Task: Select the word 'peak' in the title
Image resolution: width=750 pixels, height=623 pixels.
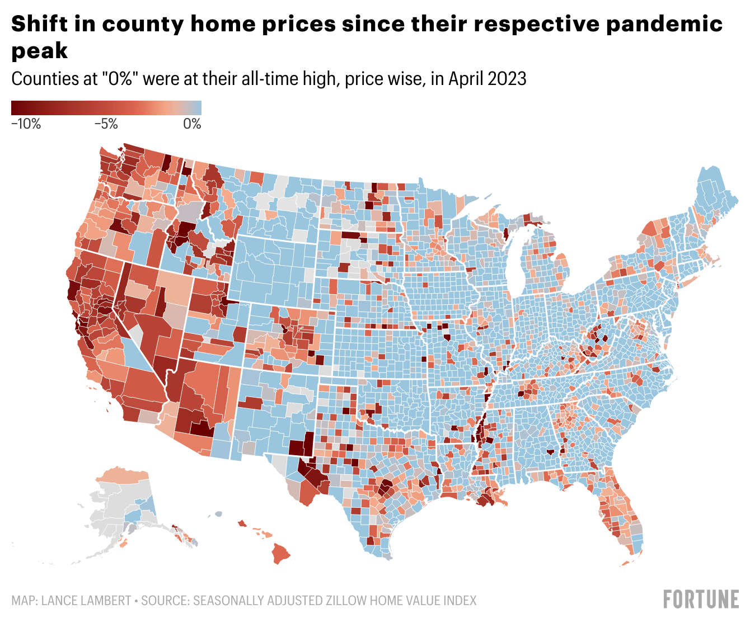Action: [39, 51]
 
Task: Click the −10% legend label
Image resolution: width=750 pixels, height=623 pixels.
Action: [26, 124]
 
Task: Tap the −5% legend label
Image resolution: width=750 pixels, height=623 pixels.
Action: [105, 124]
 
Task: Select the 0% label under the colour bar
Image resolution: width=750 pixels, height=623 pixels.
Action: [192, 124]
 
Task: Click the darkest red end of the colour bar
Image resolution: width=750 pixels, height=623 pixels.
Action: [15, 108]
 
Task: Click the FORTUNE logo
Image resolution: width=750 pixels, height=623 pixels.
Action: [701, 599]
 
